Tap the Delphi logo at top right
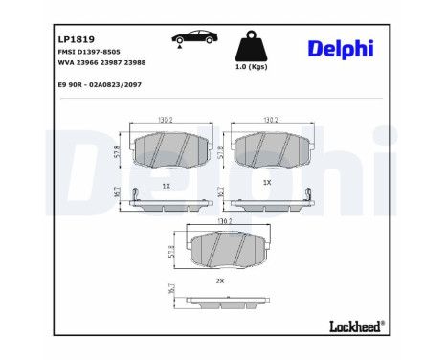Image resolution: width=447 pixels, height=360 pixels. (341, 49)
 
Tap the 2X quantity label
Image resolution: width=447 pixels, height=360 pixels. (219, 281)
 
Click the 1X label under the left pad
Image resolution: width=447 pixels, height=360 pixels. (165, 183)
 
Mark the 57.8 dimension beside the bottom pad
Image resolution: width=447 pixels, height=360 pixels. (171, 252)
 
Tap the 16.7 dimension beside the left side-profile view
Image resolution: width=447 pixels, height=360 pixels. (117, 193)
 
